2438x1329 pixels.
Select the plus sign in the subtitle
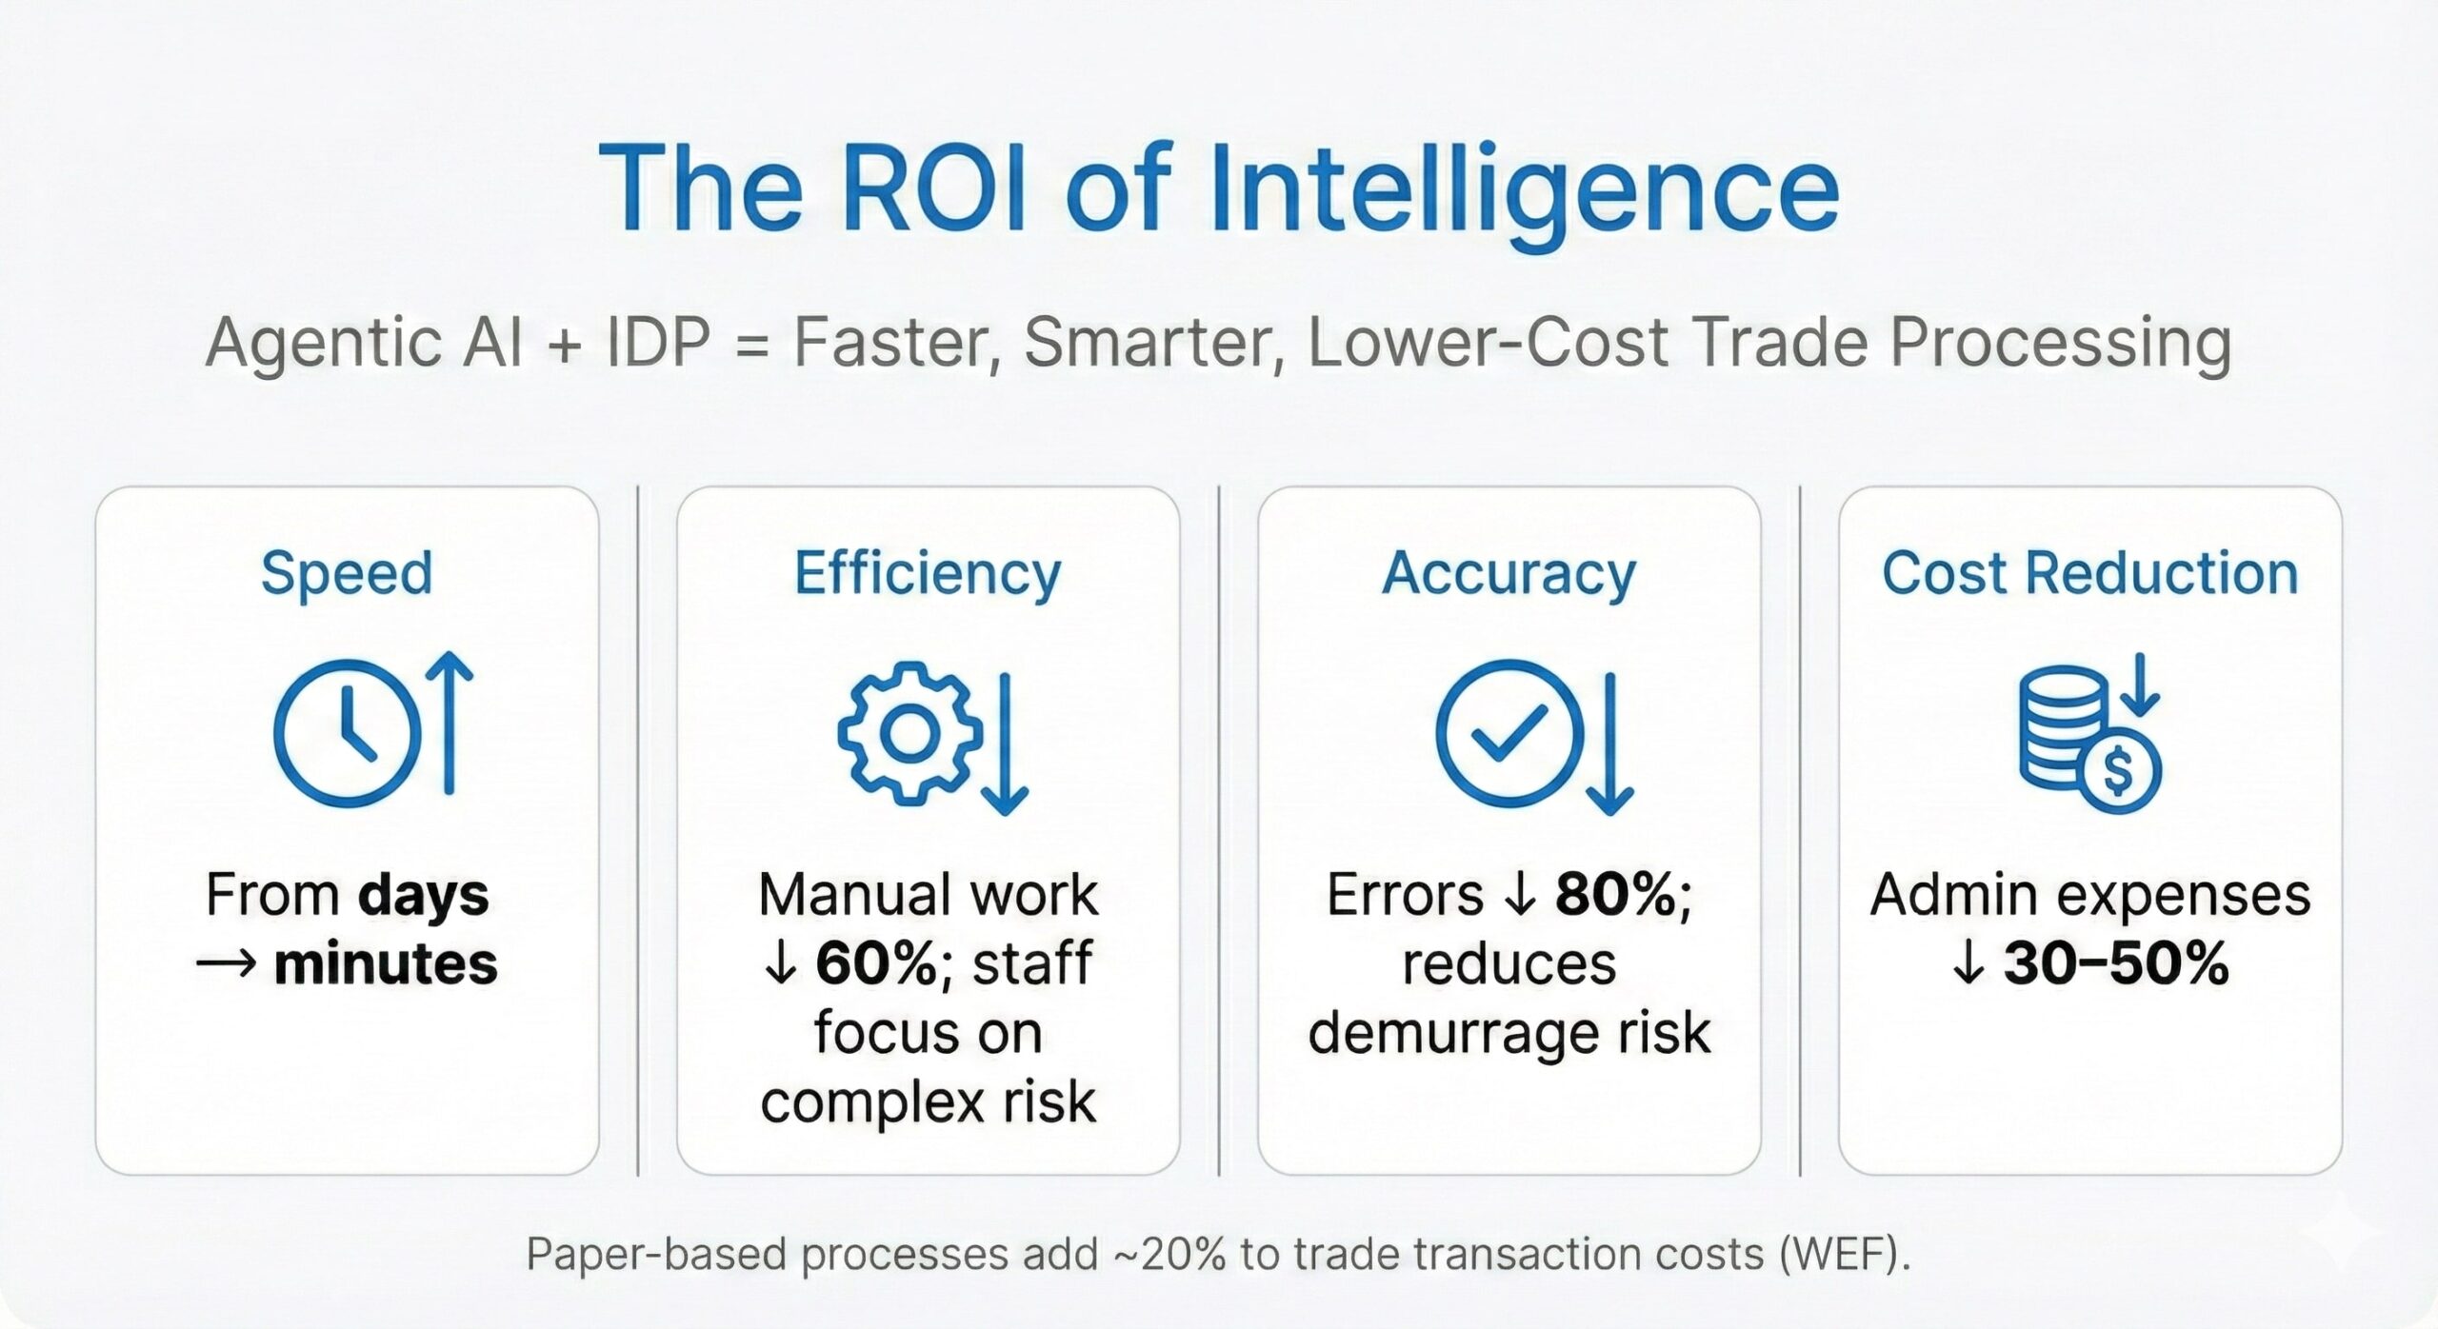pyautogui.click(x=565, y=343)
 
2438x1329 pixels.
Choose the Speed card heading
pyautogui.click(x=347, y=575)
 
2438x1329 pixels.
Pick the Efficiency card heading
pyautogui.click(x=928, y=575)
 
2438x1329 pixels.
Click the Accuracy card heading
pyautogui.click(x=1509, y=575)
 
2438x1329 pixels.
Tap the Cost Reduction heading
pyautogui.click(x=2089, y=573)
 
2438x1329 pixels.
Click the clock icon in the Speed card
pyautogui.click(x=347, y=734)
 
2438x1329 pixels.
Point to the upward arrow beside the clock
pyautogui.click(x=449, y=723)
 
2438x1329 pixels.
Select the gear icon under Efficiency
pyautogui.click(x=909, y=733)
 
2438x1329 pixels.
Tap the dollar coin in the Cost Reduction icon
pyautogui.click(x=2118, y=770)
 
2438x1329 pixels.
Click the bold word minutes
pyautogui.click(x=386, y=964)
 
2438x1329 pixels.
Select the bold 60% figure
pyautogui.click(x=876, y=964)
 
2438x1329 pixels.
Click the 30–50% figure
pyautogui.click(x=2116, y=964)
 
